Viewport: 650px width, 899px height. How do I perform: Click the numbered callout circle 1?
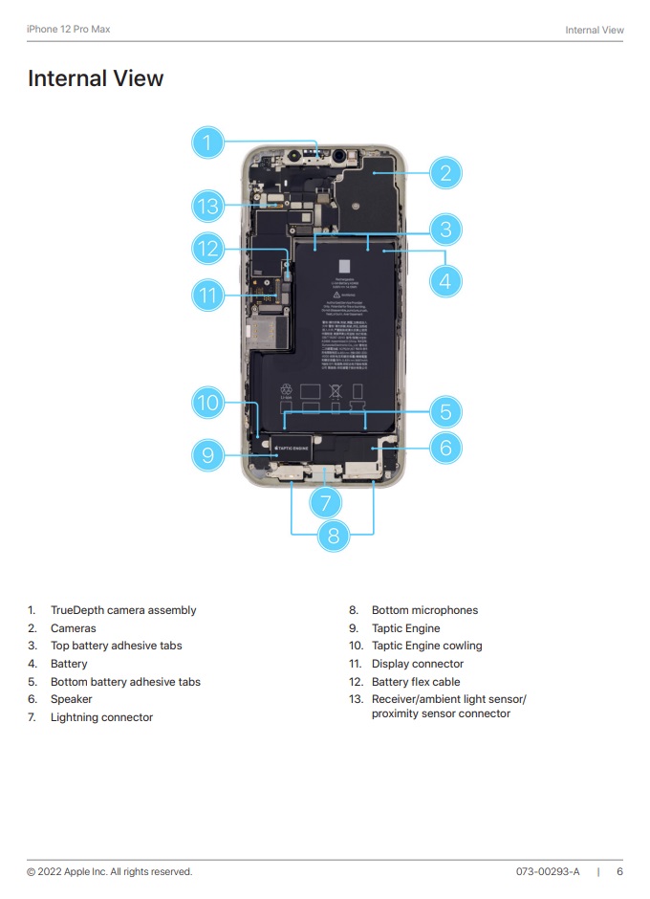pos(206,143)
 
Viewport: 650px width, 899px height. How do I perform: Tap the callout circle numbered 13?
pos(206,206)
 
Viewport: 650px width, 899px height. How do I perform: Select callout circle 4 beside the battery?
pos(445,281)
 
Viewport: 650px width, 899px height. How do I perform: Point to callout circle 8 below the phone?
pos(333,536)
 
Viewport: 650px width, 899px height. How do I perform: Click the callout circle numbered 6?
pos(445,447)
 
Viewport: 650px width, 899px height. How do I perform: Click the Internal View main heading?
pos(96,78)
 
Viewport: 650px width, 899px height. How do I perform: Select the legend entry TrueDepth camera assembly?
pos(123,610)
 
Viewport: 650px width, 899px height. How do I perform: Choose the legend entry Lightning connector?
pos(101,717)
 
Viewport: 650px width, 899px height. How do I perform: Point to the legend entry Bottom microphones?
pos(424,610)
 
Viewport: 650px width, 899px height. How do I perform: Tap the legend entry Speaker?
pos(72,699)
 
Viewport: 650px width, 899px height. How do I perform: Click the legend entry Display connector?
pos(418,664)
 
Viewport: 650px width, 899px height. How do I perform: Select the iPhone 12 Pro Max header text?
pos(68,30)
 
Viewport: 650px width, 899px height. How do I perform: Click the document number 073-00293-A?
pos(548,871)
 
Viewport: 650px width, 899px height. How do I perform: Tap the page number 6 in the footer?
pos(619,871)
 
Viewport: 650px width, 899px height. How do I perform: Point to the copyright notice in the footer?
pos(109,871)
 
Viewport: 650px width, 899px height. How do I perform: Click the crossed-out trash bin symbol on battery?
pos(336,390)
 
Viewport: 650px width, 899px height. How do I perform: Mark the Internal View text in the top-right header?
pos(595,30)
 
